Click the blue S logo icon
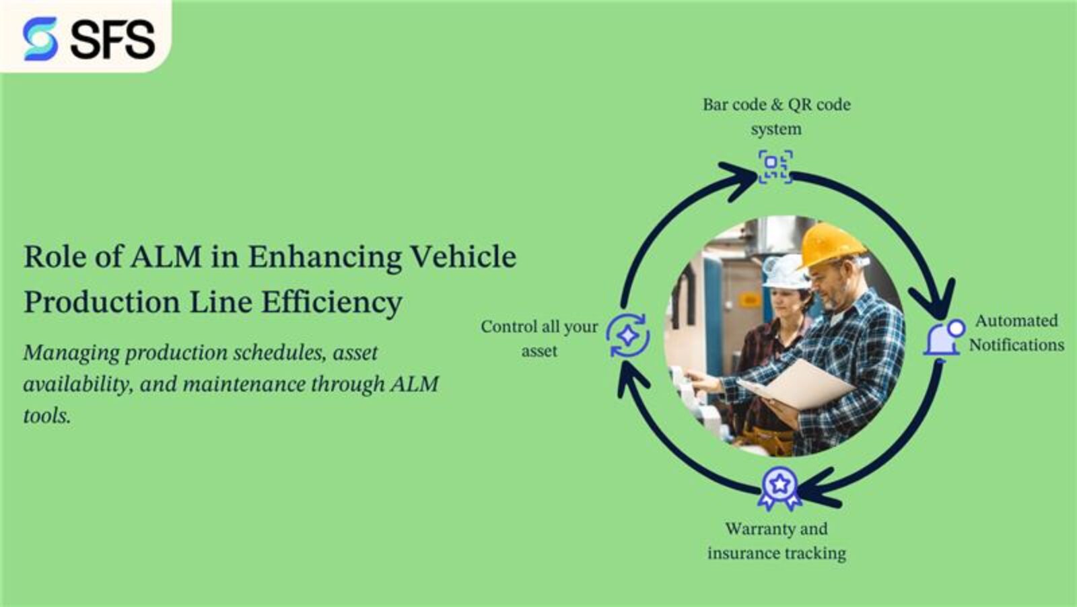pyautogui.click(x=40, y=38)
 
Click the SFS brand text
pyautogui.click(x=113, y=39)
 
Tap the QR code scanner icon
pyautogui.click(x=775, y=166)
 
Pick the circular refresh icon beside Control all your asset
pyautogui.click(x=627, y=335)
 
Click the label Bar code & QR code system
pyautogui.click(x=776, y=116)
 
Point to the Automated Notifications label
pyautogui.click(x=1016, y=332)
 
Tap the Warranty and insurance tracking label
pyautogui.click(x=776, y=541)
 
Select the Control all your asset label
pyautogui.click(x=539, y=338)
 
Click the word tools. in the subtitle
pyautogui.click(x=46, y=416)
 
